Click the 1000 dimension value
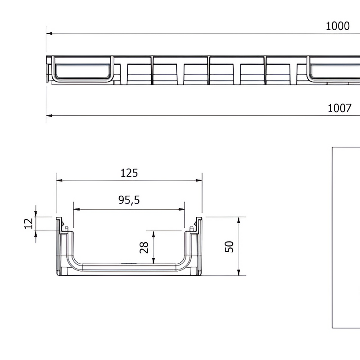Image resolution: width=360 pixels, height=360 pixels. pyautogui.click(x=337, y=26)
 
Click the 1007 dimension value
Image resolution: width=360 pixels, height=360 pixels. pyautogui.click(x=339, y=108)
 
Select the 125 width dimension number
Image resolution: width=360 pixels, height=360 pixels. pyautogui.click(x=129, y=173)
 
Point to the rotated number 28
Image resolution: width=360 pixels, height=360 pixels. pyautogui.click(x=144, y=247)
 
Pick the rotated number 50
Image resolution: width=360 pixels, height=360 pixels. pyautogui.click(x=229, y=246)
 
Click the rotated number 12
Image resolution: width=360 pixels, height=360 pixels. pyautogui.click(x=28, y=224)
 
